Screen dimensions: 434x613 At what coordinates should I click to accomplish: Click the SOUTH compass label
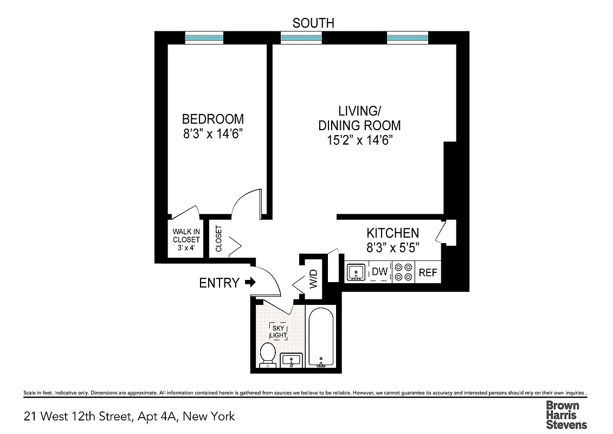[313, 23]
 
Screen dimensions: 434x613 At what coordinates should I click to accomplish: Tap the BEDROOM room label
[212, 119]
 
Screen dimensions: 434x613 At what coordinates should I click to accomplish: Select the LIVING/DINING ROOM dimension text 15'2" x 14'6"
[359, 140]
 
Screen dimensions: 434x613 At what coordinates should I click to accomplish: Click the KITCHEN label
[392, 233]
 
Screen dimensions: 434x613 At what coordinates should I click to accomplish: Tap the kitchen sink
[356, 272]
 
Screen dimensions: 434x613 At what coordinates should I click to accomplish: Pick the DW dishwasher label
[380, 272]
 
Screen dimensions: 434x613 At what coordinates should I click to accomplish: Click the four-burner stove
[403, 272]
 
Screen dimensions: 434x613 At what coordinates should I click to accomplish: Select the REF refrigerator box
[428, 272]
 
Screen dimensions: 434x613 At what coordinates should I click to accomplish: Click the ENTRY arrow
[250, 282]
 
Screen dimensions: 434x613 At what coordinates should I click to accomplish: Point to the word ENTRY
[219, 283]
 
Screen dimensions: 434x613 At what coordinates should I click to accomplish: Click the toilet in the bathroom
[267, 354]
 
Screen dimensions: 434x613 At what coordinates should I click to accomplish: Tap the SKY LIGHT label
[279, 332]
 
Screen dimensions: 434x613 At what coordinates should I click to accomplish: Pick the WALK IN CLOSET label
[186, 239]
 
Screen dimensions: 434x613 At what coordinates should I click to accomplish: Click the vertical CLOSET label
[219, 239]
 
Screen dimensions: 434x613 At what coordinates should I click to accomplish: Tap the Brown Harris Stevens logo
[566, 414]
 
